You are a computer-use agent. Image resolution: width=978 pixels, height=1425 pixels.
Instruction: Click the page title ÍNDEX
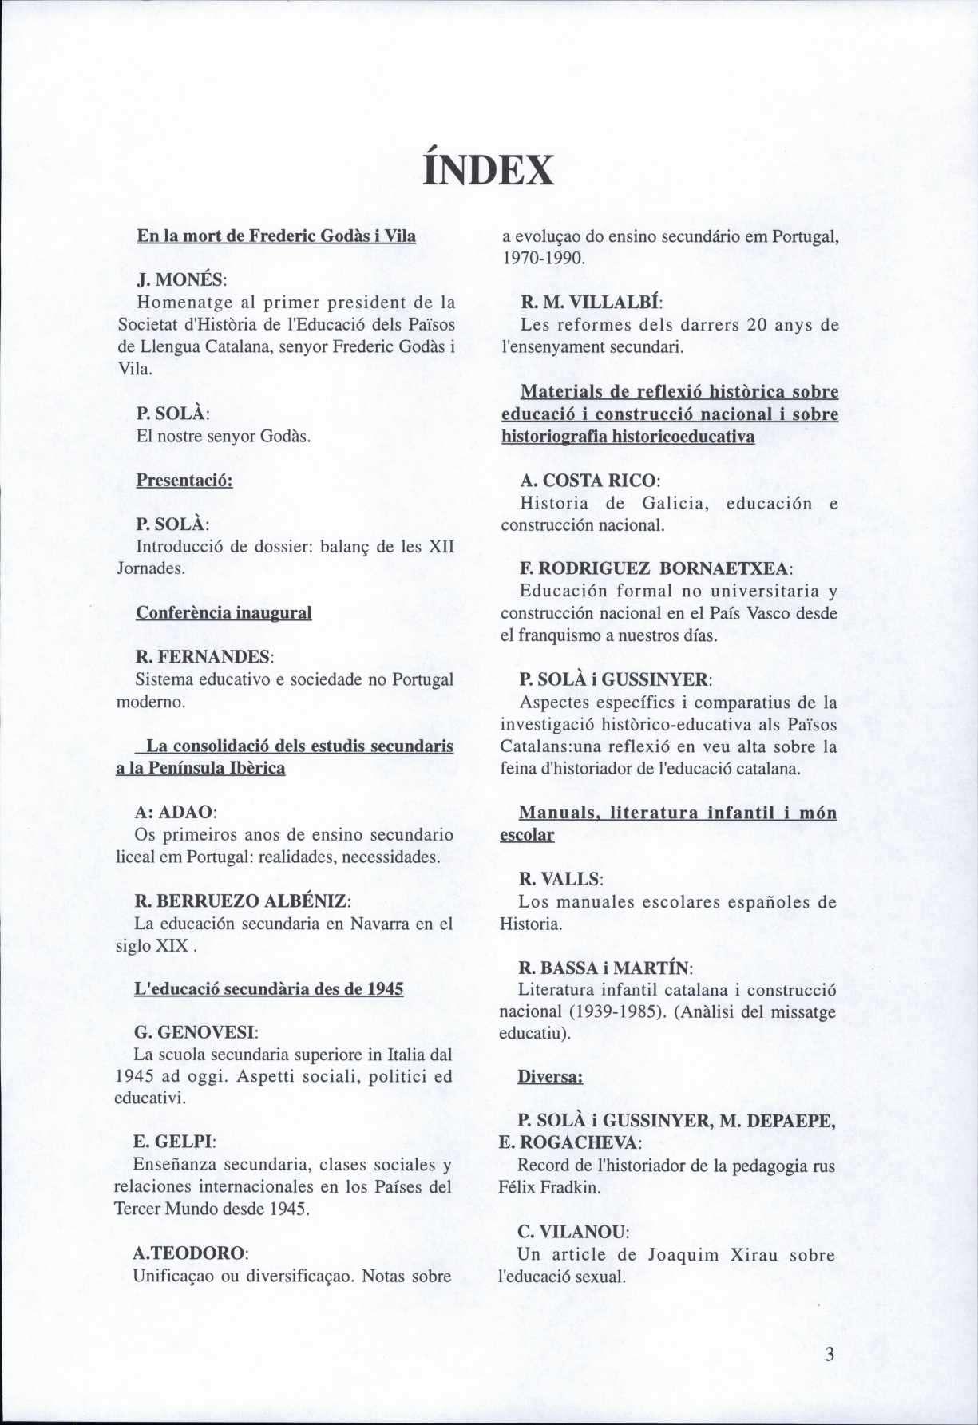tap(488, 169)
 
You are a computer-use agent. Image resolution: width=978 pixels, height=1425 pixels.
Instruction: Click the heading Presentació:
tap(184, 481)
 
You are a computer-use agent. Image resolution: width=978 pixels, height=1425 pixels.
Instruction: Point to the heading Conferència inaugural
tap(224, 612)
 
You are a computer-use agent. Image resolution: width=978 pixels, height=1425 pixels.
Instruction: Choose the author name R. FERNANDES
tap(205, 656)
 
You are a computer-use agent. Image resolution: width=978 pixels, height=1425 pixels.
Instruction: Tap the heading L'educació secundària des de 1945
tap(269, 988)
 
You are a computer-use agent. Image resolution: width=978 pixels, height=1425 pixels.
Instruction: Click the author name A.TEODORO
tap(192, 1251)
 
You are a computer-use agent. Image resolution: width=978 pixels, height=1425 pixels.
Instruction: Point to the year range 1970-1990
tap(544, 259)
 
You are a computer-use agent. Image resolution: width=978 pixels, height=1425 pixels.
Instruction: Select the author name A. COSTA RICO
tap(590, 481)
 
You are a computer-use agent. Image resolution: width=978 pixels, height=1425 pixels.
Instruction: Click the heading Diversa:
tap(550, 1076)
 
